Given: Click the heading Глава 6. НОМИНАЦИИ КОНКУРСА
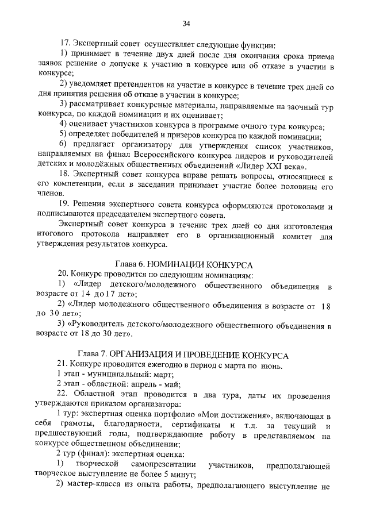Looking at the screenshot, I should click(x=184, y=264).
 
